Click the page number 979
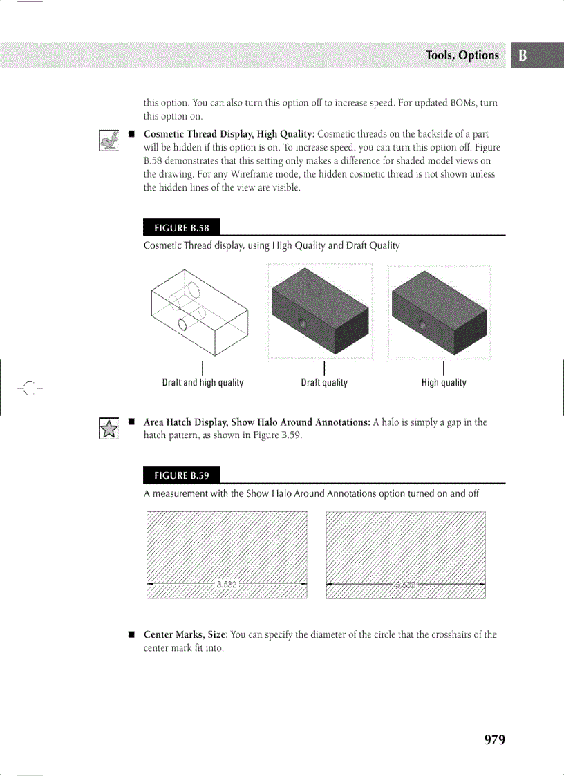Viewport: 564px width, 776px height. point(494,739)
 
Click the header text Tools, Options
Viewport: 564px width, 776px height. point(462,55)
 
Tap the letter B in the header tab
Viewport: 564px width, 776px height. point(523,56)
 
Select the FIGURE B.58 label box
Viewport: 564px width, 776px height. point(181,228)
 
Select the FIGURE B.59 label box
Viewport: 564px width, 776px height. point(181,475)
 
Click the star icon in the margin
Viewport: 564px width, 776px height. point(109,429)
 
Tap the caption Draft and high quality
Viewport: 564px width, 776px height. point(203,383)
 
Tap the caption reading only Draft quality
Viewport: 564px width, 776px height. point(324,383)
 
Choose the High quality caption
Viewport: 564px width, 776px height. point(444,383)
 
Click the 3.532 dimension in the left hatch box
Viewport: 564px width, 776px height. point(227,584)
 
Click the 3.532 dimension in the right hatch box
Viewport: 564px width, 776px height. point(405,585)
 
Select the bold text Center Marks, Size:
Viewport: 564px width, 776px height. point(185,634)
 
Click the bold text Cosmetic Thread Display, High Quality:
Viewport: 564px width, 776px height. point(229,133)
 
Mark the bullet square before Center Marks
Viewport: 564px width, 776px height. point(130,634)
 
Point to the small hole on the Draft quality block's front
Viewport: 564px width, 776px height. point(301,323)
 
